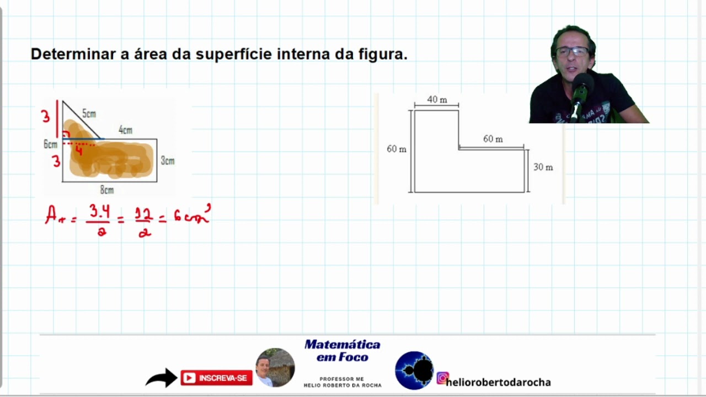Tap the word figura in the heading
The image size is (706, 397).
[386, 55]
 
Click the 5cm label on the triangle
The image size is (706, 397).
[89, 114]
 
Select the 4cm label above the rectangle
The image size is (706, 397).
[126, 131]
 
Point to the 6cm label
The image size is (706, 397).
[50, 144]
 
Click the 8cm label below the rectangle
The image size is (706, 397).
[107, 190]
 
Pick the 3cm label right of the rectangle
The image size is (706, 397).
[168, 161]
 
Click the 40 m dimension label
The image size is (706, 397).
[437, 100]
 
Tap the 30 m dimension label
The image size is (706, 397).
[543, 167]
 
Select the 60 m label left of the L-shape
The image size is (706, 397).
[396, 149]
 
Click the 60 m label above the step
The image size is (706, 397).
[493, 139]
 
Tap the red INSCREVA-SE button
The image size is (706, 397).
[216, 378]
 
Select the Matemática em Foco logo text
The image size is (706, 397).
[343, 351]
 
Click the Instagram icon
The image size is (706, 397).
[442, 378]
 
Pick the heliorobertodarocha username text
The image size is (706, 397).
[499, 382]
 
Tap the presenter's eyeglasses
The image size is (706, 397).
[572, 52]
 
